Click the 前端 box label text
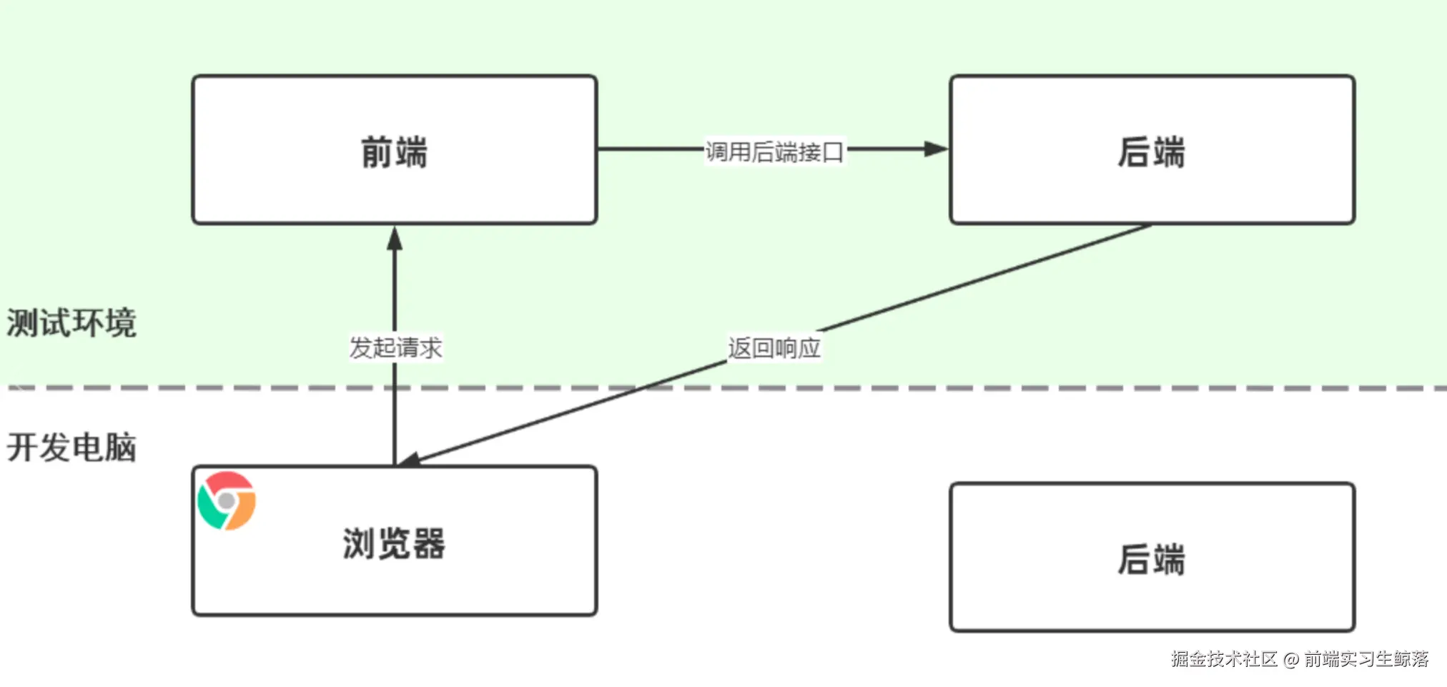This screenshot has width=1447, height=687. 394,152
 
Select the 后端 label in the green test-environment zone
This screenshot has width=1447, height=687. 1151,152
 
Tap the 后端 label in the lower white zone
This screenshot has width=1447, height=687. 1151,559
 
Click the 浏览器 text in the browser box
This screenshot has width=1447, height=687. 394,543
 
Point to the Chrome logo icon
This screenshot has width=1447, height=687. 227,500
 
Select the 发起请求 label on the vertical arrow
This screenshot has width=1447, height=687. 395,348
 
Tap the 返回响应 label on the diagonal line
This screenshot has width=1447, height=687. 774,348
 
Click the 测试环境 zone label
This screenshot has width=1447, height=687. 71,323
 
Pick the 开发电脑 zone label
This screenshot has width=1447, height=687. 71,448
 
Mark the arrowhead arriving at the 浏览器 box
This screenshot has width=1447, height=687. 410,460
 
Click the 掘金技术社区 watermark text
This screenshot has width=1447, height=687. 1224,659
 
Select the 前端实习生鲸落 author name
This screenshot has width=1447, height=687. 1366,659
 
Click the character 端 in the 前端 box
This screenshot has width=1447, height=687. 411,152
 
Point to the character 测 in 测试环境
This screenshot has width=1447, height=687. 22,323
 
